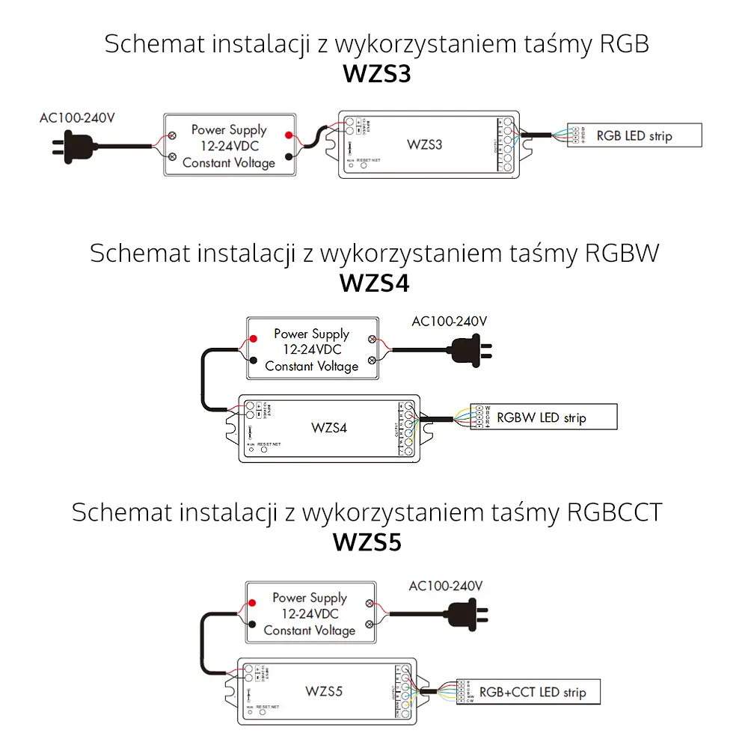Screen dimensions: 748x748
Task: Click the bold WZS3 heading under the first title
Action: [x=377, y=75]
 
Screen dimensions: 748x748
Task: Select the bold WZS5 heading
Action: [x=367, y=542]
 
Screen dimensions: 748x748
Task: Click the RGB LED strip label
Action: [x=634, y=136]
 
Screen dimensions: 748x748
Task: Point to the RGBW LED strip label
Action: [x=541, y=417]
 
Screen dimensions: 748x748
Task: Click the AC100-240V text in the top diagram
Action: [x=78, y=117]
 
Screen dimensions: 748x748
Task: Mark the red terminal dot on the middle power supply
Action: [x=254, y=339]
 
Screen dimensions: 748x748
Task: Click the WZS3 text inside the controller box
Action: [x=425, y=144]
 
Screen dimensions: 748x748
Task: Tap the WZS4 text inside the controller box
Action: [x=329, y=428]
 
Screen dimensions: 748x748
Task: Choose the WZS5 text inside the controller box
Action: [x=325, y=691]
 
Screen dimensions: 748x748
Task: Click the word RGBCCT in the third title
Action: [x=615, y=513]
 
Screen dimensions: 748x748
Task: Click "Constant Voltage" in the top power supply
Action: [x=229, y=162]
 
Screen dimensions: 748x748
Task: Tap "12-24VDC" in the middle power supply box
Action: [x=311, y=350]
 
